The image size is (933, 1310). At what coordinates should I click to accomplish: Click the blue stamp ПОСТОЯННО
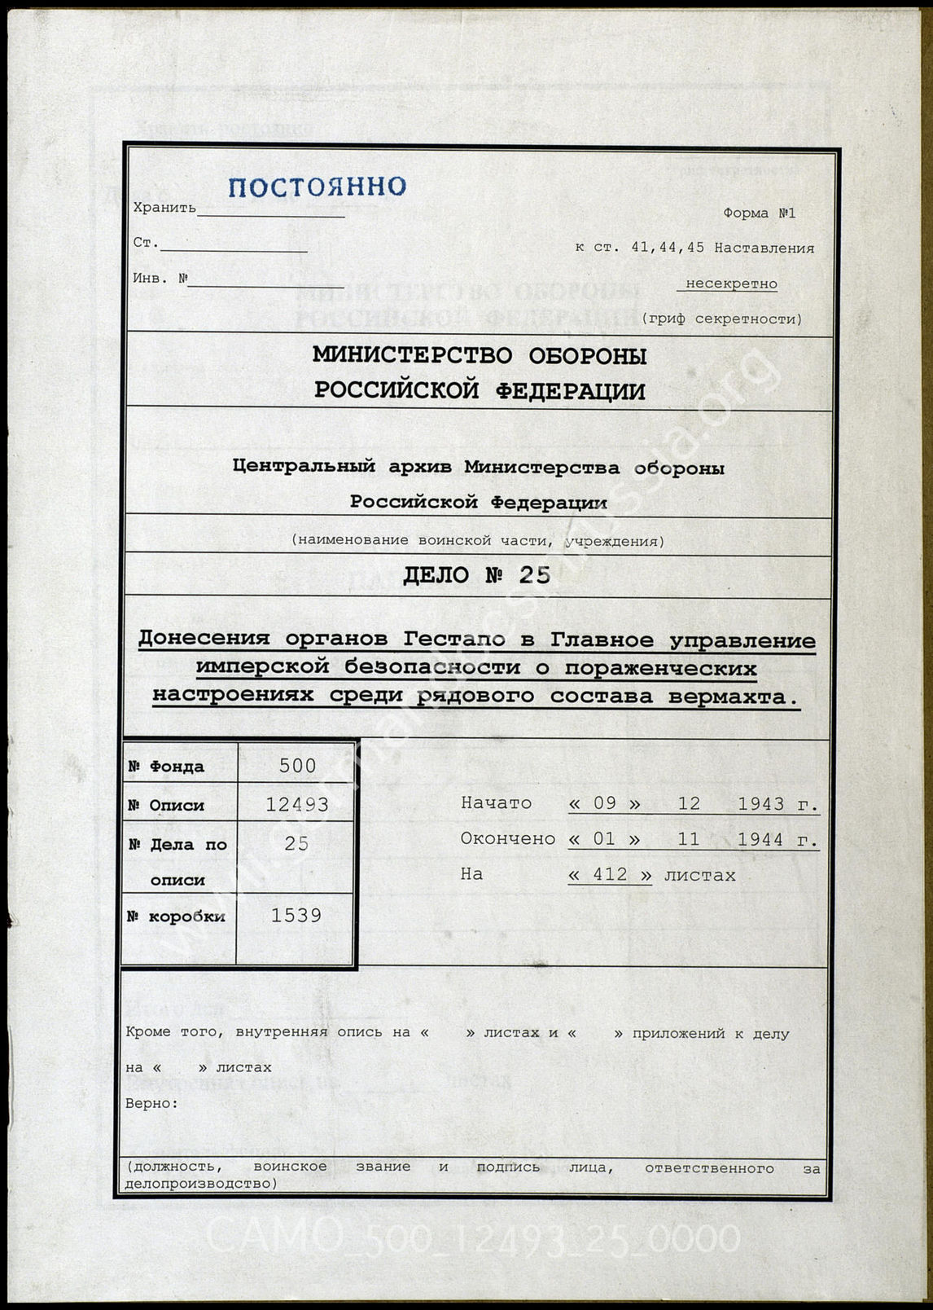(317, 187)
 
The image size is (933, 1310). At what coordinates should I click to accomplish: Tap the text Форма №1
(759, 213)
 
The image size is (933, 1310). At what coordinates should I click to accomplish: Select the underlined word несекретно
(731, 284)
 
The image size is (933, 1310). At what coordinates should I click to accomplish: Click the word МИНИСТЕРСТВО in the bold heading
(413, 356)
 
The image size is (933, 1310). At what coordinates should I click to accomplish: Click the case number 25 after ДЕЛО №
(535, 576)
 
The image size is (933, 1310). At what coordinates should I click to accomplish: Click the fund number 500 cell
(297, 766)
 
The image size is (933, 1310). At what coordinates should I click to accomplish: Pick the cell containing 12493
(297, 805)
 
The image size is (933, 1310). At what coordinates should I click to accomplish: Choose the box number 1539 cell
(296, 916)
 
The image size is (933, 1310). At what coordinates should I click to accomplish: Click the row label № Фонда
(167, 767)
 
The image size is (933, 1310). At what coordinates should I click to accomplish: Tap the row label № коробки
(177, 917)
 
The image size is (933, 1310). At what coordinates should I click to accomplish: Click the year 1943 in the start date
(760, 804)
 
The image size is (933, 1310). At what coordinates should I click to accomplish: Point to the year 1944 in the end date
(760, 839)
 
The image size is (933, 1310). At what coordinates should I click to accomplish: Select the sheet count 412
(610, 875)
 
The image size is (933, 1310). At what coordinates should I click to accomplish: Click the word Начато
(496, 803)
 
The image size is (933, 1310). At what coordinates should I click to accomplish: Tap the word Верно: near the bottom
(152, 1104)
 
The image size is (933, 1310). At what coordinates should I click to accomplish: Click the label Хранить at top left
(164, 208)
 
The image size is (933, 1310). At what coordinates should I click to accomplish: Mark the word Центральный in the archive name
(304, 467)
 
